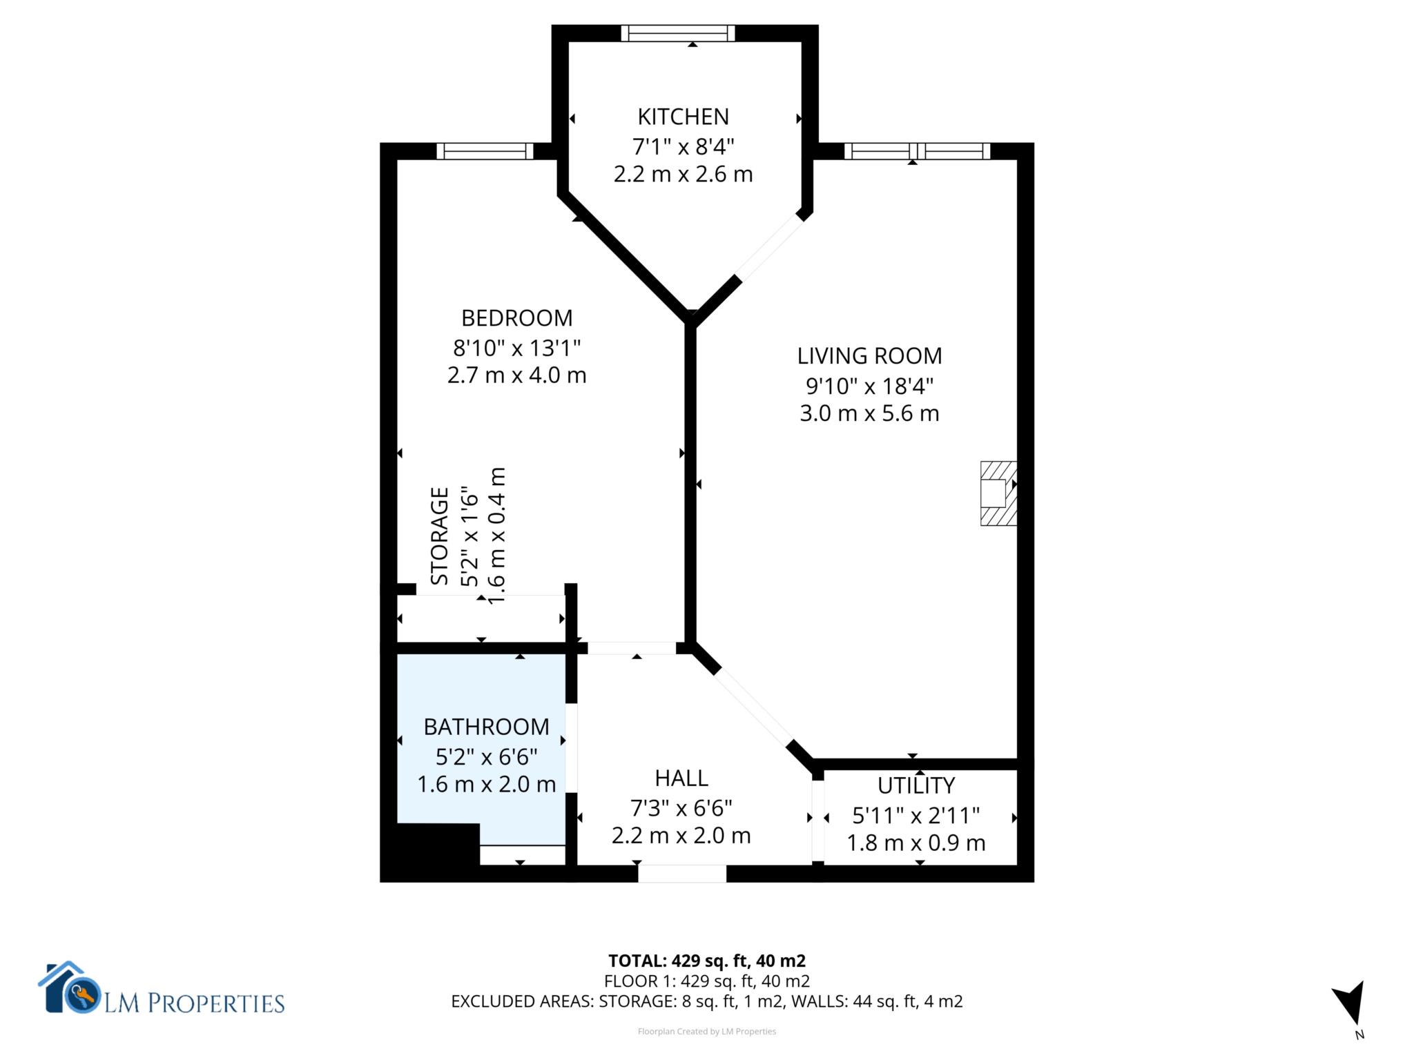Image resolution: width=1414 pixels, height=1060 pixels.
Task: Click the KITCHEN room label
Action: tap(683, 117)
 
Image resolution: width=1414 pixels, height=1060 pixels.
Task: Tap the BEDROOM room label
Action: tap(516, 318)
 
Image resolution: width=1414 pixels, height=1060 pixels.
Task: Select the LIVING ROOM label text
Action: tap(869, 356)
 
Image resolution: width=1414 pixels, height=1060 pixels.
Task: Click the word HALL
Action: tap(681, 778)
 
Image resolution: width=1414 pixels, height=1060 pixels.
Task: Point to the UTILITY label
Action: tap(916, 785)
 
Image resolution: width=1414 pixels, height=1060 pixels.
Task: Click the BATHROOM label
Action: tap(486, 727)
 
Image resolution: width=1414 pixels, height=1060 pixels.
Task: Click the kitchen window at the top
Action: tap(678, 33)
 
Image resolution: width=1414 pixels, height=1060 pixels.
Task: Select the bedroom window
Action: tap(485, 151)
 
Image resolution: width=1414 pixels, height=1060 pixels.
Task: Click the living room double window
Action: tap(917, 151)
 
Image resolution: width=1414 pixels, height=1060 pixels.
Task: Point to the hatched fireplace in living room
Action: tap(998, 493)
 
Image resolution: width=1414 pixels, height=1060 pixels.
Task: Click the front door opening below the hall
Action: tap(681, 874)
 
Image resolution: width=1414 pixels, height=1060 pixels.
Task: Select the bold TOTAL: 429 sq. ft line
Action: tap(706, 961)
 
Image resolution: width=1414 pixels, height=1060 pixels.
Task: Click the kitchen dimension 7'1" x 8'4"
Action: tap(683, 146)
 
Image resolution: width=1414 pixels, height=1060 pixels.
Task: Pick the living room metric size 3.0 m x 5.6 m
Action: tap(869, 414)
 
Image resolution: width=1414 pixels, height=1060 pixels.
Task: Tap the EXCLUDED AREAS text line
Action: tap(706, 1001)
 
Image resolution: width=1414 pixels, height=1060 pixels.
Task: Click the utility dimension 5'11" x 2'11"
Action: tap(916, 816)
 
